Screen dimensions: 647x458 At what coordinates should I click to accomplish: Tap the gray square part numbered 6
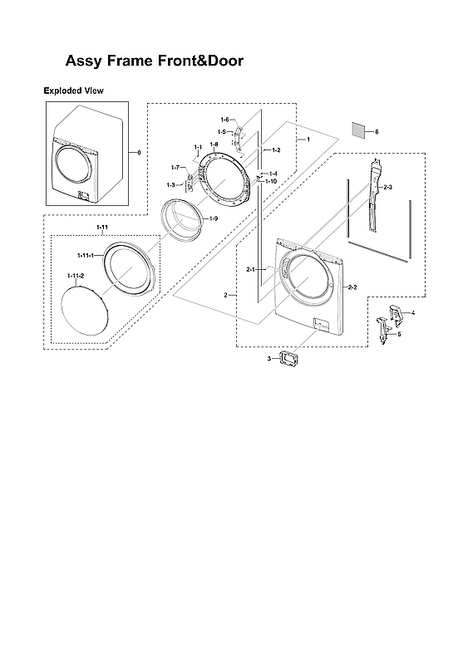click(358, 131)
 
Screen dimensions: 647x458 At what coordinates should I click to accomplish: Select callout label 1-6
click(224, 120)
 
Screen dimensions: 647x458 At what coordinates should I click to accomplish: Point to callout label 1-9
click(214, 218)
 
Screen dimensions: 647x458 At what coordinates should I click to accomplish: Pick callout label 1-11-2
click(75, 275)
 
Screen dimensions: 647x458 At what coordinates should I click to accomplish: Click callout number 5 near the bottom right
click(399, 334)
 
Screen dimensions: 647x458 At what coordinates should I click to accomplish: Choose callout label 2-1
click(250, 270)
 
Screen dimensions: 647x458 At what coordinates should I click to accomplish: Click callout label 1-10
click(271, 180)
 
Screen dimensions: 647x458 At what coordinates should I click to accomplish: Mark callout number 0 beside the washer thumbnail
click(139, 152)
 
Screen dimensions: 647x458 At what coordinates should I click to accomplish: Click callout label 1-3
click(170, 184)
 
